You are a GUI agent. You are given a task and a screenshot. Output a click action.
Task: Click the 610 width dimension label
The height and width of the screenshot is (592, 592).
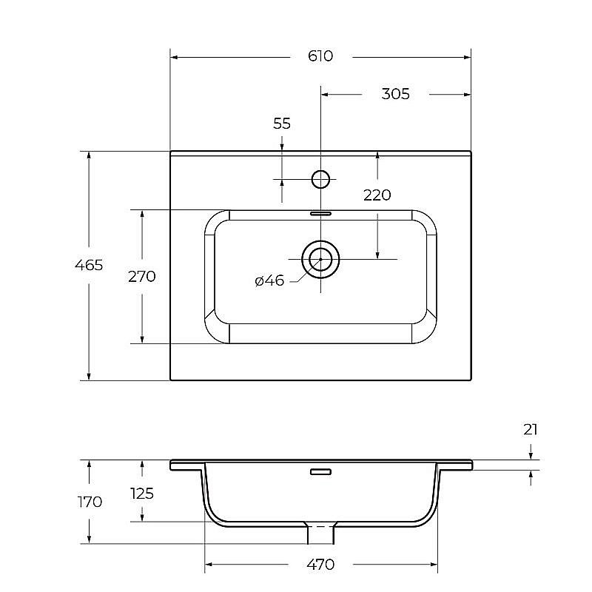click(x=320, y=56)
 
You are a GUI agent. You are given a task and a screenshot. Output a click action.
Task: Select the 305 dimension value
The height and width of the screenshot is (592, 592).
click(x=395, y=94)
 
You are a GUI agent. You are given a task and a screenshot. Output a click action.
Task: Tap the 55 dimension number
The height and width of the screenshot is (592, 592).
click(x=282, y=124)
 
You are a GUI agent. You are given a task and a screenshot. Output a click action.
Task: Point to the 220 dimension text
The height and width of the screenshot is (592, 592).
click(x=377, y=195)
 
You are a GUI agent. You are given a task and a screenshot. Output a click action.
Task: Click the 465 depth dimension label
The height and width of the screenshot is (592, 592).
click(x=89, y=265)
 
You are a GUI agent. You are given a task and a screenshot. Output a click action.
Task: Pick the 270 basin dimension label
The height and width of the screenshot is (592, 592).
click(x=142, y=277)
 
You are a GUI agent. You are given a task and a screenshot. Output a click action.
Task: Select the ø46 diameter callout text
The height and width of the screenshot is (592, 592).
click(x=269, y=280)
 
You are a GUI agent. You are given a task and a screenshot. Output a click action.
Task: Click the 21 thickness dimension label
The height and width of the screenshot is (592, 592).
click(x=531, y=430)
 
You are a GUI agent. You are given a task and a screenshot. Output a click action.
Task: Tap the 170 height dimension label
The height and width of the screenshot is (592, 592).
click(x=90, y=502)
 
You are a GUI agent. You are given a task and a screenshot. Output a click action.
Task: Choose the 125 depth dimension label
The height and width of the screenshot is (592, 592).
click(x=142, y=494)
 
